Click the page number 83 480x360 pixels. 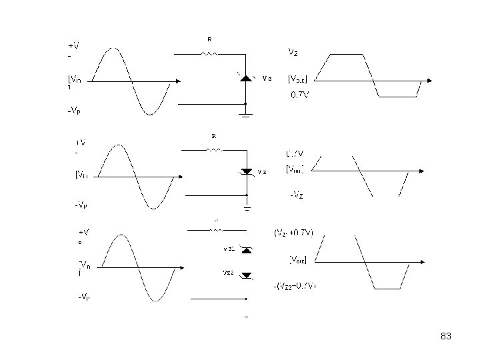pyautogui.click(x=446, y=337)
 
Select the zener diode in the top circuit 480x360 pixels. pyautogui.click(x=246, y=78)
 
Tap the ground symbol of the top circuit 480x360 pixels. pyautogui.click(x=245, y=115)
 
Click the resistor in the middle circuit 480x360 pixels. pyautogui.click(x=214, y=150)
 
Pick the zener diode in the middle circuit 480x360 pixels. pyautogui.click(x=246, y=171)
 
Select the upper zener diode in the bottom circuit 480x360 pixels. pyautogui.click(x=246, y=250)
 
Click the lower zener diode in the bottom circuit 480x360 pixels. pyautogui.click(x=246, y=274)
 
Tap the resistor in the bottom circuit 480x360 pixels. pyautogui.click(x=217, y=229)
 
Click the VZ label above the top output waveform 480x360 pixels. pyautogui.click(x=293, y=51)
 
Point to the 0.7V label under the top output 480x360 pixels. pyautogui.click(x=299, y=95)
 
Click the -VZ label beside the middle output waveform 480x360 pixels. pyautogui.click(x=297, y=195)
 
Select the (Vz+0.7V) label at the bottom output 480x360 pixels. pyautogui.click(x=294, y=233)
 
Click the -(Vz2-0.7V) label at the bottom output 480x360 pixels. pyautogui.click(x=295, y=286)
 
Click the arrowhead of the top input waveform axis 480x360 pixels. pyautogui.click(x=178, y=81)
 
